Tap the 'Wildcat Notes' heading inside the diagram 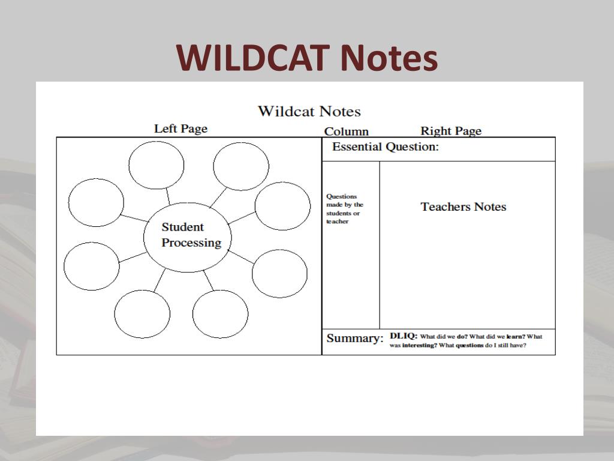point(309,112)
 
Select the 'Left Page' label point(180,128)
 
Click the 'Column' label point(346,131)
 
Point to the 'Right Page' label point(450,131)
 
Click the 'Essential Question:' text point(385,147)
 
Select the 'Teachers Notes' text point(463,207)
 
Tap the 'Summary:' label point(354,339)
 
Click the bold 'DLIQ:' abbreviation point(403,336)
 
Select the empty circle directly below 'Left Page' point(156,166)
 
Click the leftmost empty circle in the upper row point(96,202)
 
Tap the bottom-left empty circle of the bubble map point(142,313)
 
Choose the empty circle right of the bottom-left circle point(220,314)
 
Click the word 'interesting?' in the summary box point(419,346)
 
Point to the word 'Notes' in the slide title point(388,58)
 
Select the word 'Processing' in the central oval point(191,243)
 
